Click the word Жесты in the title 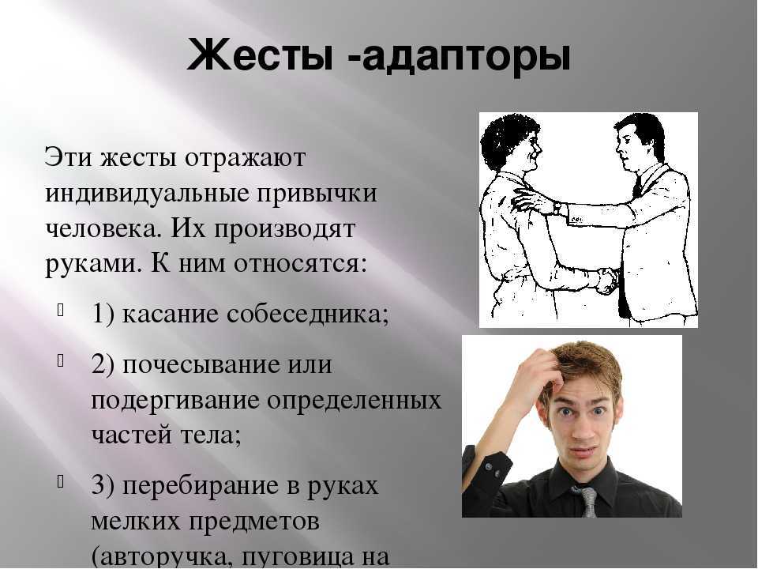tap(260, 55)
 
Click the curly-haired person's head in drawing tap(511, 141)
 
